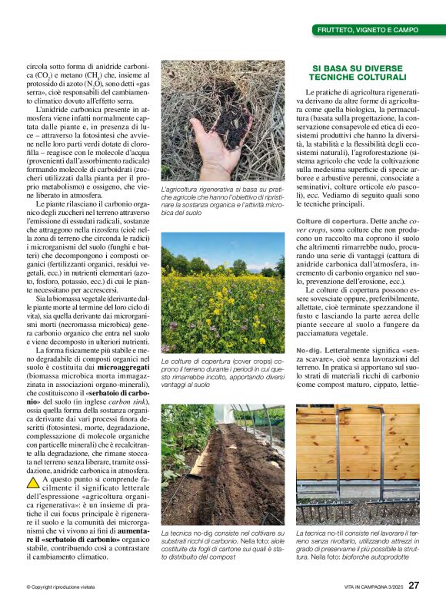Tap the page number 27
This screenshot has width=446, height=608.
414,585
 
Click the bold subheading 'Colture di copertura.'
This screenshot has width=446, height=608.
324,221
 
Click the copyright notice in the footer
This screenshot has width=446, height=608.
61,587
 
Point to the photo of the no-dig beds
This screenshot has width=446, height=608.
222,464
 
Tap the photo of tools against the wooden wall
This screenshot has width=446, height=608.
358,464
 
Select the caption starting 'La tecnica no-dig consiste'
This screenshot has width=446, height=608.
222,544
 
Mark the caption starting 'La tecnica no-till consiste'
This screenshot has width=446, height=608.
358,544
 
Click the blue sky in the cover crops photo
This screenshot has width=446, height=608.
231,247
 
